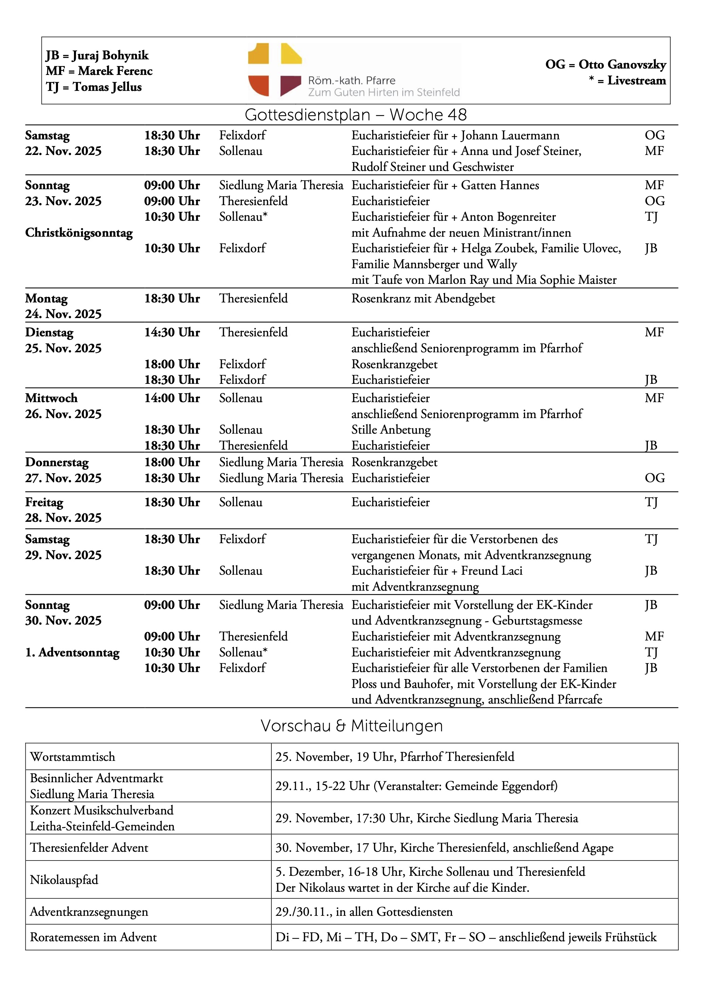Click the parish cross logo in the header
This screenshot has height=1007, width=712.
(275, 70)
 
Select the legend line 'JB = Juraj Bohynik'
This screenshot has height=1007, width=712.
(97, 55)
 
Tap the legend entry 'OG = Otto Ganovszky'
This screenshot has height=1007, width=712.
(605, 64)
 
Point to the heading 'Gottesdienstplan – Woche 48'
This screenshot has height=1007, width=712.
(356, 115)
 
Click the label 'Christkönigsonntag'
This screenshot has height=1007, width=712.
(79, 233)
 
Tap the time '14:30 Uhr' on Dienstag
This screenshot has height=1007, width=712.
(172, 333)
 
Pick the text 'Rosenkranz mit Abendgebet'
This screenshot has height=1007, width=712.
(423, 299)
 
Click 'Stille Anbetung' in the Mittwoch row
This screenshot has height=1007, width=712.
(391, 430)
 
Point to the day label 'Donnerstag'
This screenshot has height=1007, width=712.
(57, 462)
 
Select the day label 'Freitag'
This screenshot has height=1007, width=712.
(44, 502)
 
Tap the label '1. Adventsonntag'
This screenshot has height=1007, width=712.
(72, 652)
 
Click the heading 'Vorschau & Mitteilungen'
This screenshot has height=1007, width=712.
(351, 726)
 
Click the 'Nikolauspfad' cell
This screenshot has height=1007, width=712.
(64, 880)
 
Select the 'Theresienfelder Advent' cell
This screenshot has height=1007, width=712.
(89, 847)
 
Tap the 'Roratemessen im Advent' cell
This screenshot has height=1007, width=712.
(93, 937)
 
